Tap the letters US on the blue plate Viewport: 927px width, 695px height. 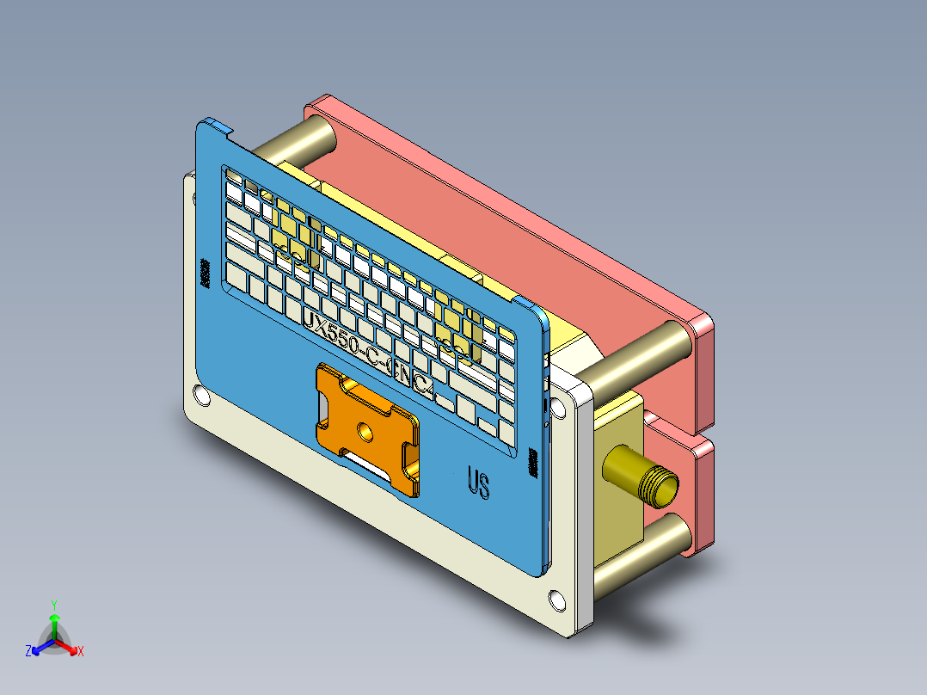tap(478, 483)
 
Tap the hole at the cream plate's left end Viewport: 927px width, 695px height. tap(202, 396)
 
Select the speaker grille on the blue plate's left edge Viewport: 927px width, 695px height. tap(206, 272)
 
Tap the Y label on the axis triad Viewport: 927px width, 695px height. tap(53, 605)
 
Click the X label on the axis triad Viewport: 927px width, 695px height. tap(81, 651)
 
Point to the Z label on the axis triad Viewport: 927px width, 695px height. tap(28, 651)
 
